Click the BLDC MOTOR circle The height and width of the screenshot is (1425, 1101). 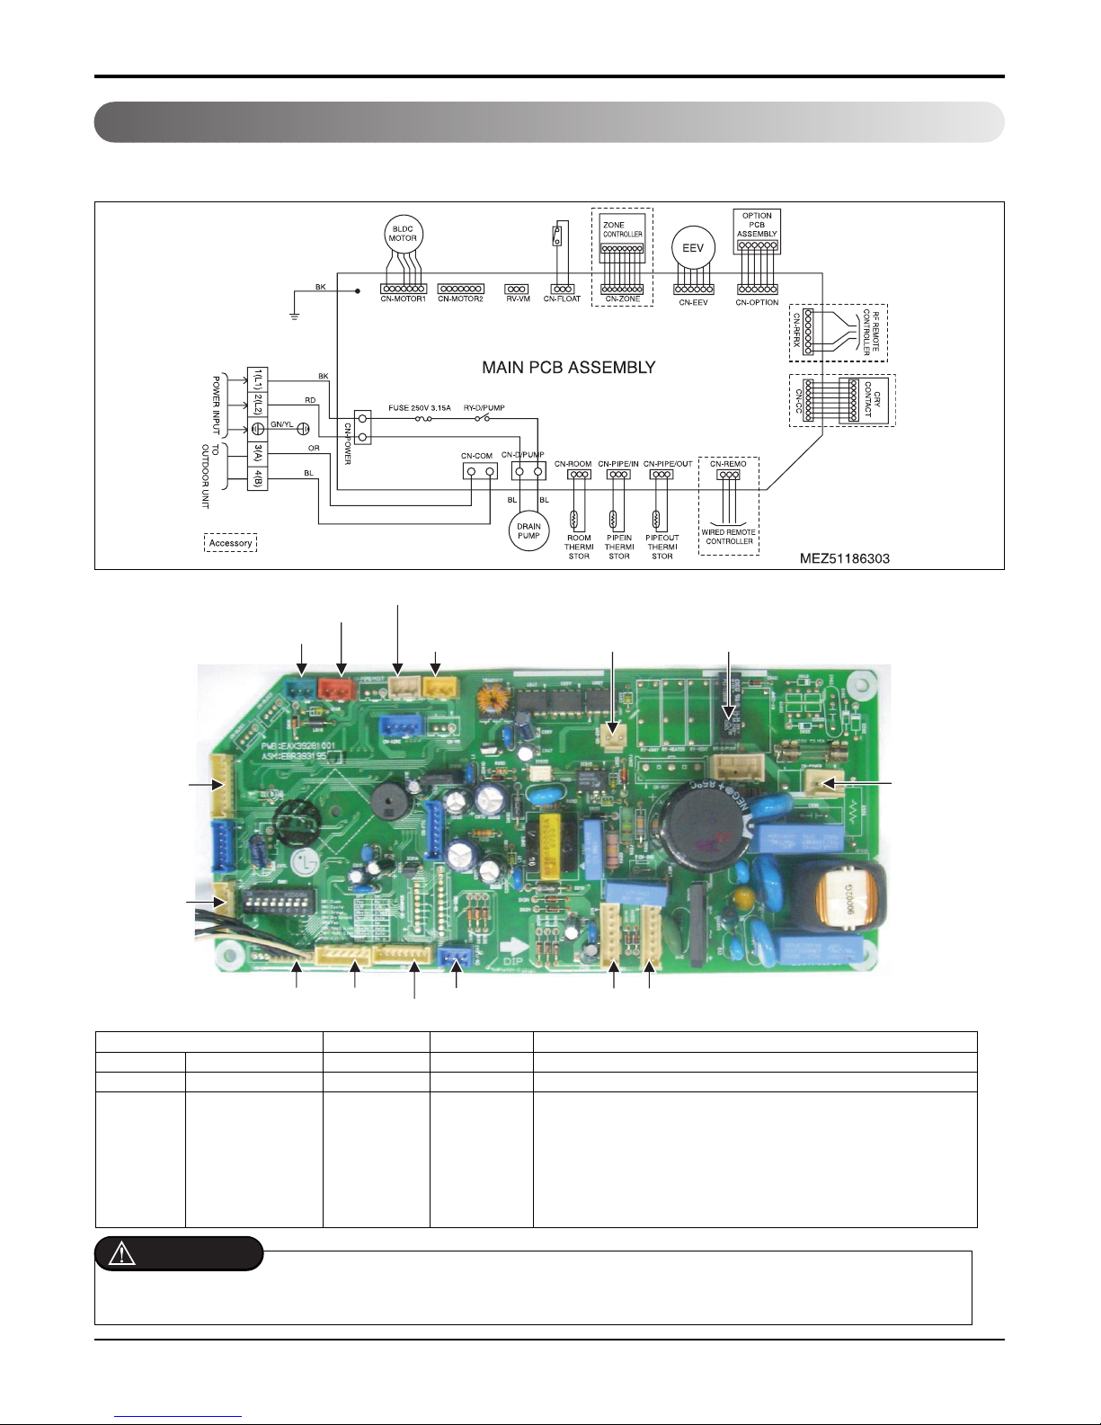[x=403, y=234]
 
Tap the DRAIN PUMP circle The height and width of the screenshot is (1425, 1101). [x=529, y=531]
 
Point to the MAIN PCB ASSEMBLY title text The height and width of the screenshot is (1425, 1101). [x=569, y=368]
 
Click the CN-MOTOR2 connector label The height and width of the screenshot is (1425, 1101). [x=460, y=299]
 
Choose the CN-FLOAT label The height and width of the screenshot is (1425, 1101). [x=562, y=299]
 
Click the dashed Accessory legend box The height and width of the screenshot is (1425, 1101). [x=230, y=543]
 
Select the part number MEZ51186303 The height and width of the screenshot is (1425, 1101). [x=845, y=558]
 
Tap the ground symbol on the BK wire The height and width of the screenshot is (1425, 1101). [x=293, y=315]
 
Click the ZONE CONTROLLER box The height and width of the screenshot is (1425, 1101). [x=622, y=233]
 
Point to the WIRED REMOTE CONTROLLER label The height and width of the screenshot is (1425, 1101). [x=729, y=537]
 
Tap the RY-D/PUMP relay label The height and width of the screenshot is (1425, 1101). [x=484, y=408]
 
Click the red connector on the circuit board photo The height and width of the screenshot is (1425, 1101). [x=341, y=689]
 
